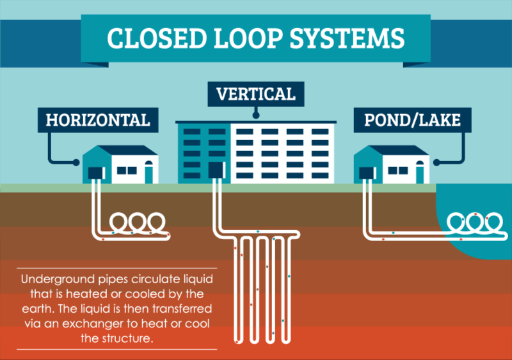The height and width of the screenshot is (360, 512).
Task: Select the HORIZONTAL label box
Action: pyautogui.click(x=97, y=119)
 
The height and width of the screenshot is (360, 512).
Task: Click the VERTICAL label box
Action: pyautogui.click(x=255, y=95)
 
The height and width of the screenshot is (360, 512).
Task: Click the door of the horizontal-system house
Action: pyautogui.click(x=148, y=172)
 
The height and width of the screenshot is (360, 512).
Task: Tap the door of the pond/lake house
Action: pyautogui.click(x=420, y=172)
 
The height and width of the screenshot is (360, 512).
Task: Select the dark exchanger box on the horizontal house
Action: pyautogui.click(x=96, y=172)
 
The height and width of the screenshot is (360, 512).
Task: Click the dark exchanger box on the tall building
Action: pyautogui.click(x=215, y=169)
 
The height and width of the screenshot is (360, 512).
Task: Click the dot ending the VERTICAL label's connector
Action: pyautogui.click(x=255, y=117)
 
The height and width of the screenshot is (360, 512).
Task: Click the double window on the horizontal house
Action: pyautogui.click(x=126, y=171)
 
